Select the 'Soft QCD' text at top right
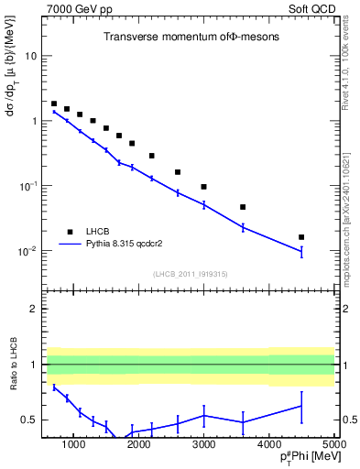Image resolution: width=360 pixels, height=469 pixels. [313, 8]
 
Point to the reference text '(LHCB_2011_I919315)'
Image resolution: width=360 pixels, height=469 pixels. [191, 273]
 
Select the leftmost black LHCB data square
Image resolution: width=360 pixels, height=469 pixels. [54, 104]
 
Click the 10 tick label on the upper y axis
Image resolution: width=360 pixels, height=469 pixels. [31, 56]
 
